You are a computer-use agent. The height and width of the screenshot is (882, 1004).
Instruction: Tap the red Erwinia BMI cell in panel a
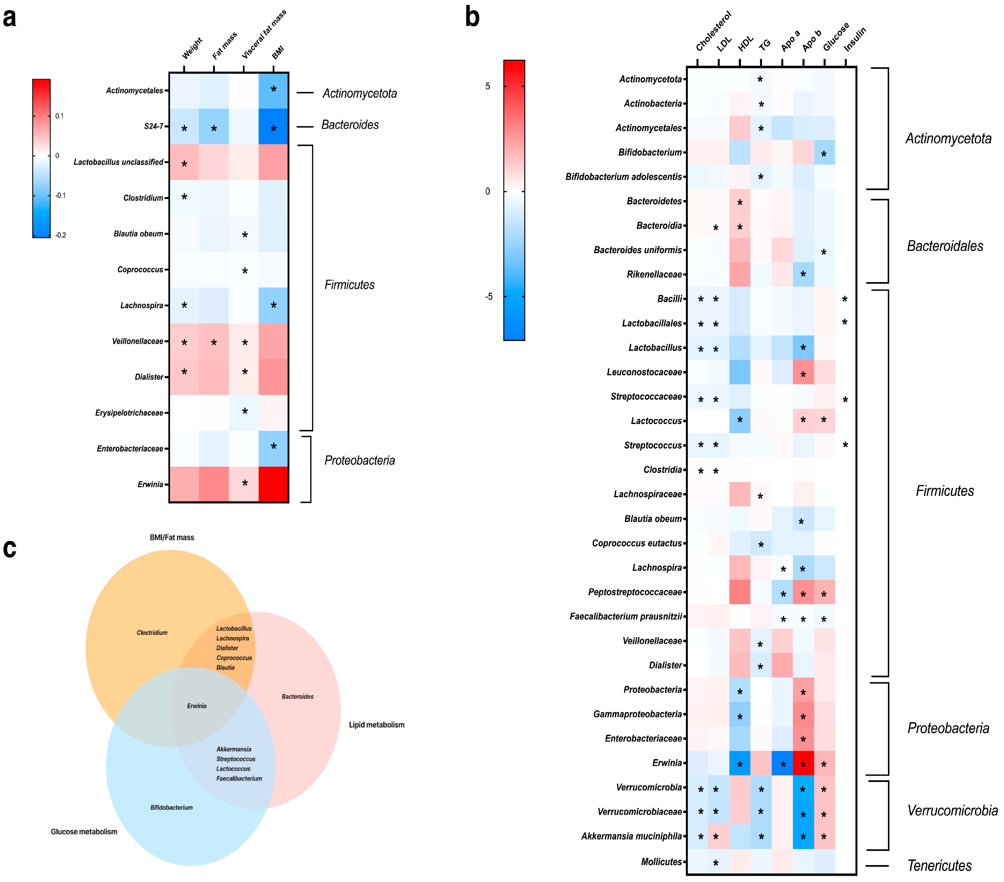tap(274, 484)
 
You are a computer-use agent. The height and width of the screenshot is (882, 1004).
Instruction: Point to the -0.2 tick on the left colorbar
tap(60, 235)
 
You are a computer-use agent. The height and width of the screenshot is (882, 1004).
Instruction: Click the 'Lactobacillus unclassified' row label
tap(118, 162)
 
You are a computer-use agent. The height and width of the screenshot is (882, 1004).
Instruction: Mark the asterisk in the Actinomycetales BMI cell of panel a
tap(274, 89)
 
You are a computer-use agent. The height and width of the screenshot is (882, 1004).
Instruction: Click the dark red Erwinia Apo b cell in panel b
tap(803, 763)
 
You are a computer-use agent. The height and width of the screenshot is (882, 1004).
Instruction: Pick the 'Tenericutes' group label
tap(939, 866)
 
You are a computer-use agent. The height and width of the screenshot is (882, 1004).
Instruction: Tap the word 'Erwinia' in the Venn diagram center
tap(196, 706)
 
